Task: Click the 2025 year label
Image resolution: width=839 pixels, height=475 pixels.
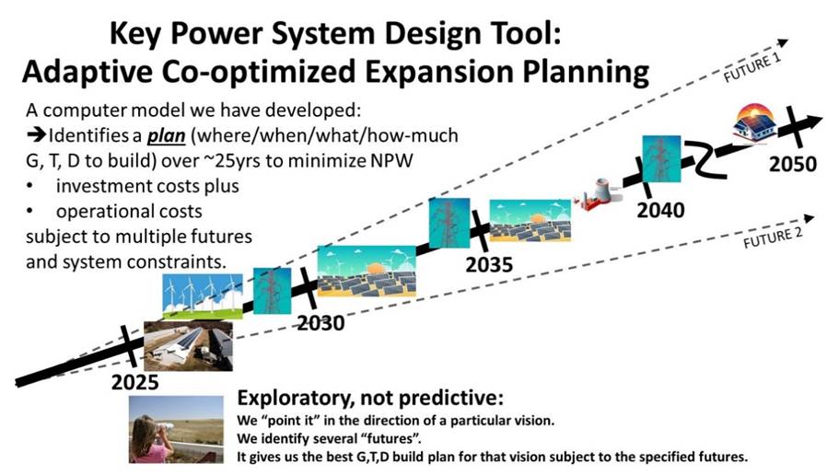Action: pos(134,382)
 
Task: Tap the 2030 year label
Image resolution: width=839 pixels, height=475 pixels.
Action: pos(320,323)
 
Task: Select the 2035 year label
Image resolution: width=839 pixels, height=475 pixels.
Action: pos(488,265)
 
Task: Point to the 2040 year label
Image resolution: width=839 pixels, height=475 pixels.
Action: pos(660,210)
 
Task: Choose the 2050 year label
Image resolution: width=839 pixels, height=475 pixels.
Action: pos(792,164)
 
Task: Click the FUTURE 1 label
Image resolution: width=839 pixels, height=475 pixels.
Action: pos(752,68)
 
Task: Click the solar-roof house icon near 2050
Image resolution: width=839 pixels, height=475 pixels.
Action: pos(755,122)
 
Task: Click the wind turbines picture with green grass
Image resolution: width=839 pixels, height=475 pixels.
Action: pos(203,296)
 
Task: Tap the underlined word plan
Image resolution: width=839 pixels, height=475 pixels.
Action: pos(166,136)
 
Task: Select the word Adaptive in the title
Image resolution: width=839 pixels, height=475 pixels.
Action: pos(88,72)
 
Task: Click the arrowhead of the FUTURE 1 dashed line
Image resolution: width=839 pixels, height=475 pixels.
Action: pos(783,42)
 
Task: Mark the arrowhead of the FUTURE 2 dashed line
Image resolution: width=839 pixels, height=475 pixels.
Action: pos(809,218)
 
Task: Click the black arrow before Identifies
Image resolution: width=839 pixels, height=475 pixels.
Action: pos(36,135)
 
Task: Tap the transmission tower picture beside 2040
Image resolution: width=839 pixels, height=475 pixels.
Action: pos(661,159)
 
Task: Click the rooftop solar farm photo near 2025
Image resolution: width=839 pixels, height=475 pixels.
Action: pos(189,346)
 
